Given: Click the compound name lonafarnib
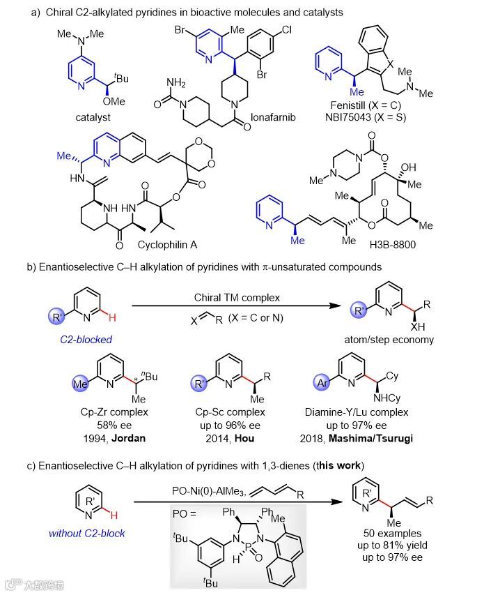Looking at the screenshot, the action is pos(276,117).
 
